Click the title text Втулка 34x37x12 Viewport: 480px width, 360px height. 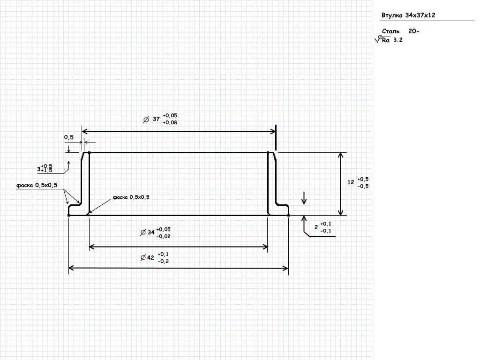[x=409, y=15]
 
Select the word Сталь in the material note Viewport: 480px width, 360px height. [x=390, y=31]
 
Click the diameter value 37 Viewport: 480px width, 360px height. [x=156, y=119]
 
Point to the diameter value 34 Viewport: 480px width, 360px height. [x=151, y=232]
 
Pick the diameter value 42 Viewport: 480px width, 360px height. [x=150, y=257]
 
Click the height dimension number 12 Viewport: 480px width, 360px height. [x=351, y=182]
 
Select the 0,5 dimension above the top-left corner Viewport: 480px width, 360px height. [x=69, y=137]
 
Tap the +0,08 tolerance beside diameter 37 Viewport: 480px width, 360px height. [x=170, y=123]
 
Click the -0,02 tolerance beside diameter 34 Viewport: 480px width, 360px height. [x=164, y=236]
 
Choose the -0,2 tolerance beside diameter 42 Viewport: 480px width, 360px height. [x=164, y=261]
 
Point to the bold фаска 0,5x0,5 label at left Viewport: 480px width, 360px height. [x=37, y=186]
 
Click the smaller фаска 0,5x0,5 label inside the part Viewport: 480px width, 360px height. [x=131, y=197]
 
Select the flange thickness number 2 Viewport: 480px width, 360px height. [x=316, y=227]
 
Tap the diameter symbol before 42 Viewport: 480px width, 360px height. [x=142, y=257]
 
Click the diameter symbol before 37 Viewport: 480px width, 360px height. [x=145, y=120]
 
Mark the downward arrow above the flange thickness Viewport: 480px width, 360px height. [x=304, y=199]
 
